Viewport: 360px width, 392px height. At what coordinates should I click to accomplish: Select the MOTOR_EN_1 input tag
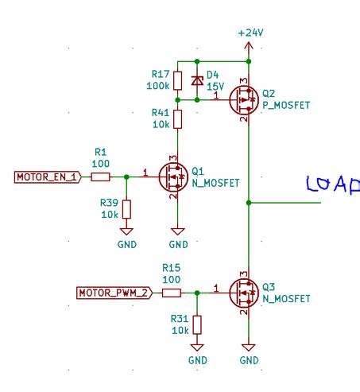pyautogui.click(x=47, y=177)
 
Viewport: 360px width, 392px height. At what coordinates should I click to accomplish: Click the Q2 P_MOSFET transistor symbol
pyautogui.click(x=242, y=100)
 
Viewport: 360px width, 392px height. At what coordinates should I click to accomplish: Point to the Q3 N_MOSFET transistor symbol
pyautogui.click(x=242, y=293)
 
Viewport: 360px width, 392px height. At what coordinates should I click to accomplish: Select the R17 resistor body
pyautogui.click(x=177, y=80)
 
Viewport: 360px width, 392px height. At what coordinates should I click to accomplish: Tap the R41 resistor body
pyautogui.click(x=177, y=119)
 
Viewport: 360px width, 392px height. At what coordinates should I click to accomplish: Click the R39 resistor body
pyautogui.click(x=127, y=210)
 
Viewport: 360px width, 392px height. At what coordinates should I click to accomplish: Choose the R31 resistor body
pyautogui.click(x=197, y=325)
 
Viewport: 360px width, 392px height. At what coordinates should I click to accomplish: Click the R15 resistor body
pyautogui.click(x=171, y=293)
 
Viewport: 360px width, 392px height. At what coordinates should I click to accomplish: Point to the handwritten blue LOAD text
pyautogui.click(x=333, y=184)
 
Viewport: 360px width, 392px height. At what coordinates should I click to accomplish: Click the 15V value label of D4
pyautogui.click(x=215, y=85)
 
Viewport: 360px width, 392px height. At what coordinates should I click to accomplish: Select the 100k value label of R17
pyautogui.click(x=157, y=85)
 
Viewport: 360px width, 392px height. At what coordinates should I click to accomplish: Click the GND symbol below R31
pyautogui.click(x=197, y=351)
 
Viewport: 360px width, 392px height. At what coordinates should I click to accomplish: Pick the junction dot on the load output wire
pyautogui.click(x=249, y=203)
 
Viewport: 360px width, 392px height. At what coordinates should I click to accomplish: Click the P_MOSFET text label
pyautogui.click(x=284, y=103)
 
